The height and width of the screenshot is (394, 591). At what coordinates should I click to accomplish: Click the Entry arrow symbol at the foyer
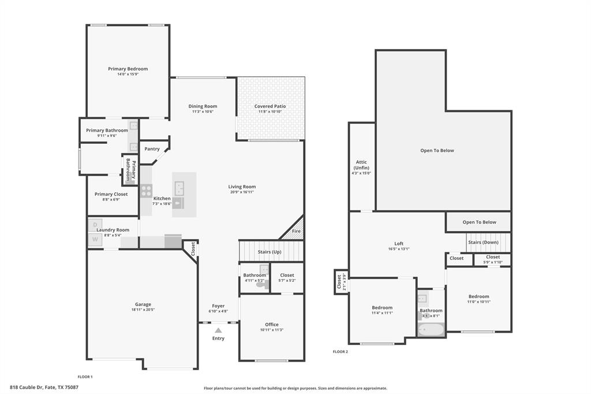click(x=218, y=330)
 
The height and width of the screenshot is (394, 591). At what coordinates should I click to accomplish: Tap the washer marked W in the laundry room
click(x=95, y=239)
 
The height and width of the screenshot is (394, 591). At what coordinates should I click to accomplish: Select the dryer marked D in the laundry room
click(x=95, y=225)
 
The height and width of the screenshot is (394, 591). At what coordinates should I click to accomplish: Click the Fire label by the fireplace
click(x=296, y=231)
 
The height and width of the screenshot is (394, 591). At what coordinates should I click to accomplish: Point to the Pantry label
click(x=152, y=149)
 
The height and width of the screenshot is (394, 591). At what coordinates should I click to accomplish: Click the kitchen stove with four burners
click(x=146, y=191)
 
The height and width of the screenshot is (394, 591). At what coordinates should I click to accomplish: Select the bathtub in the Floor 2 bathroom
click(x=431, y=330)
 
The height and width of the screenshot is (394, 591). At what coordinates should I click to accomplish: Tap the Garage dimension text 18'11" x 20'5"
click(x=143, y=310)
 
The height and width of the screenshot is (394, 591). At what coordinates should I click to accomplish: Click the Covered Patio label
click(x=270, y=106)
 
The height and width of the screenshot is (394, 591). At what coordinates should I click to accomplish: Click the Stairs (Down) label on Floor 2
click(x=483, y=243)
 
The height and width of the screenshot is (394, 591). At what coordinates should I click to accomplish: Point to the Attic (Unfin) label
click(x=361, y=165)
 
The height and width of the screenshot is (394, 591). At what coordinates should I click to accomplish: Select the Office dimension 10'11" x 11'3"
click(x=271, y=330)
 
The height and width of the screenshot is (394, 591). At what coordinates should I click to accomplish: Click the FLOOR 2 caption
click(x=341, y=351)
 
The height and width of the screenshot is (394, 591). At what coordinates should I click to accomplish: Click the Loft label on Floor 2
click(x=399, y=244)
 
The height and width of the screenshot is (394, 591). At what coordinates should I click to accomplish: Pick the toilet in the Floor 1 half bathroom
click(x=261, y=285)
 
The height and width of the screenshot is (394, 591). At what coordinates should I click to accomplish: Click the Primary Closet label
click(x=111, y=194)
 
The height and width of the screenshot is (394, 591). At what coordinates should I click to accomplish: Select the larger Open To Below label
click(x=437, y=151)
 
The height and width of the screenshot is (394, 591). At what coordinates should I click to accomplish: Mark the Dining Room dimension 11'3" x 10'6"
click(x=203, y=111)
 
